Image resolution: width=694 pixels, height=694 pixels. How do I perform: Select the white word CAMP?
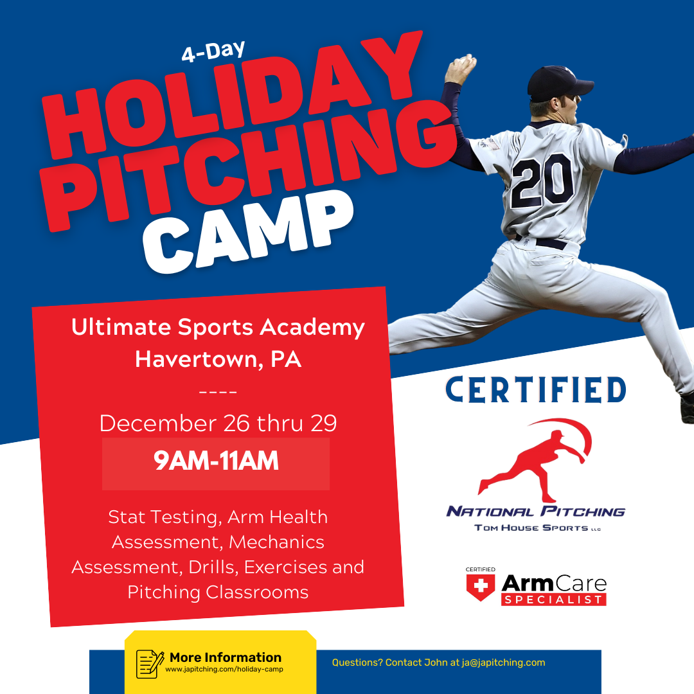(247, 235)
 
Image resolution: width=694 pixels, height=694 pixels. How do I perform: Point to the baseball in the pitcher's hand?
(464, 63)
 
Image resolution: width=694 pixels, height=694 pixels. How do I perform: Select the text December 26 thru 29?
(218, 423)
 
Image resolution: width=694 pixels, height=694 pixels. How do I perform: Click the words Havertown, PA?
(218, 359)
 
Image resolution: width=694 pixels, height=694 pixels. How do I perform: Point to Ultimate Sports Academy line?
(218, 328)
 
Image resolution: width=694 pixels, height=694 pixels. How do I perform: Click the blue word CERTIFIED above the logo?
(536, 390)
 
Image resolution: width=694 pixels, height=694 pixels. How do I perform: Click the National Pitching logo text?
(536, 512)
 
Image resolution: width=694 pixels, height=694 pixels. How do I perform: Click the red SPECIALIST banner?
(554, 600)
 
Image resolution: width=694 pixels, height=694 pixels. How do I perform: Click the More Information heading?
(226, 657)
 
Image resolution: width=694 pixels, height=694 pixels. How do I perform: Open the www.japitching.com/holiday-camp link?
(224, 670)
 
